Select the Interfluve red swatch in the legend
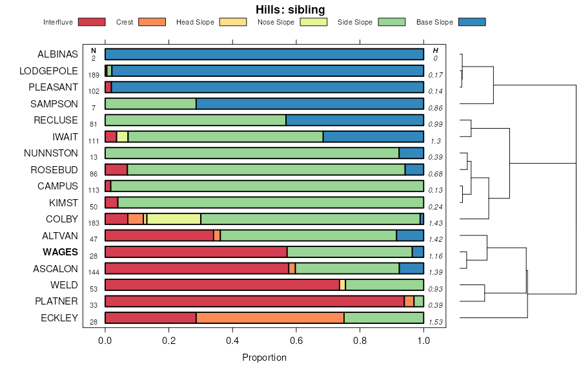click(x=91, y=22)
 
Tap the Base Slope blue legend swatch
click(x=471, y=22)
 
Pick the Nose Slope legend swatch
click(x=314, y=22)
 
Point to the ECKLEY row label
click(x=59, y=318)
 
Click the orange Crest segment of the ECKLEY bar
click(x=270, y=318)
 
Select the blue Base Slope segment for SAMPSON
click(x=310, y=103)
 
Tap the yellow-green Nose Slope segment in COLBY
click(x=174, y=219)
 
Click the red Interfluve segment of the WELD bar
click(x=222, y=285)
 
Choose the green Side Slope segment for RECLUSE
click(x=195, y=120)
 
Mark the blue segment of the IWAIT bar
click(x=373, y=136)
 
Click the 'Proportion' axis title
click(x=264, y=358)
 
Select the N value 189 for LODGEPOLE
click(x=94, y=75)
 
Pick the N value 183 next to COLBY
click(x=94, y=223)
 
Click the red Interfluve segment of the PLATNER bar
click(x=254, y=301)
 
